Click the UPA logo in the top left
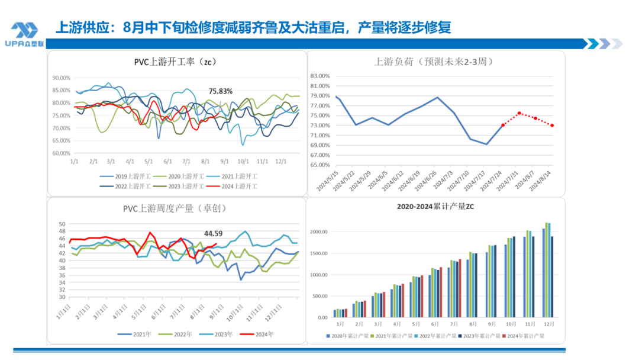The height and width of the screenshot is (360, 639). tap(25, 33)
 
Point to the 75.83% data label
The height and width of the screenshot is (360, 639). tap(220, 91)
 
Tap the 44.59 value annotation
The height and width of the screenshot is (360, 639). tap(214, 233)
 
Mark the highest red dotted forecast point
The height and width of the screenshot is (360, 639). tap(519, 112)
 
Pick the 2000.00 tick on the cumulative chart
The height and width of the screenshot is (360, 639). tap(318, 232)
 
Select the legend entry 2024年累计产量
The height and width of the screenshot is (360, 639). tap(524, 336)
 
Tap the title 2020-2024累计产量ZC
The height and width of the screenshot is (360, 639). tap(437, 207)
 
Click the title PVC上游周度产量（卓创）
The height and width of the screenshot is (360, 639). tap(175, 208)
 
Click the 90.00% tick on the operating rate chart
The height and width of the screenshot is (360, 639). tap(62, 78)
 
